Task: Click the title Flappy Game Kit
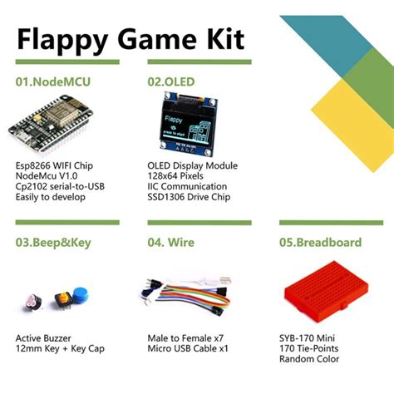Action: click(128, 39)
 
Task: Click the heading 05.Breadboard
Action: click(320, 243)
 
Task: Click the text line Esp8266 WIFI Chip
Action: click(55, 165)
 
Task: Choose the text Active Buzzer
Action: click(45, 338)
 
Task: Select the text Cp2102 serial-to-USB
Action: click(62, 187)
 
